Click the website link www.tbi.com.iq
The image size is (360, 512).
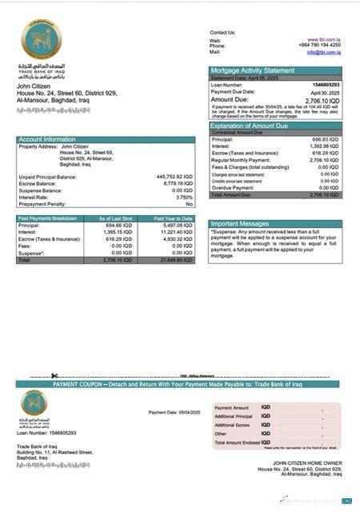(x=323, y=39)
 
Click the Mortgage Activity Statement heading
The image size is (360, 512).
(x=252, y=70)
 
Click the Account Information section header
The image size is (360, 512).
(x=48, y=139)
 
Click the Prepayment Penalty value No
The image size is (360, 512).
(x=190, y=204)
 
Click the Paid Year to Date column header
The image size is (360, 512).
(x=174, y=218)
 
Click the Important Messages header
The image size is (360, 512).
(x=240, y=223)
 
